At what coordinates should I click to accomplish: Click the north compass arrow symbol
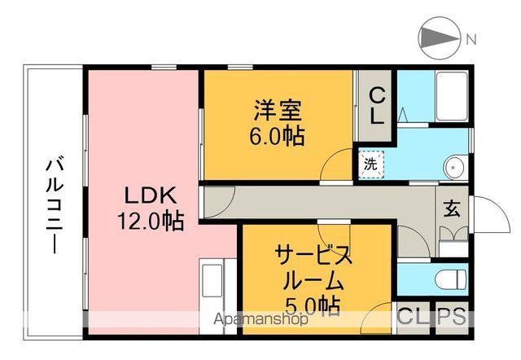[x=437, y=37]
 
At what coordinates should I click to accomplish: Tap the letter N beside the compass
[x=471, y=37]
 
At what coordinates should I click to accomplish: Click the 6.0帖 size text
[x=276, y=136]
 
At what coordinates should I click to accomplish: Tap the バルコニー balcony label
[x=54, y=204]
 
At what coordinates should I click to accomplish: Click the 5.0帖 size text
[x=312, y=308]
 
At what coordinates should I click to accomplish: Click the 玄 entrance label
[x=451, y=208]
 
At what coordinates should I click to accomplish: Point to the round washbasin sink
[x=453, y=168]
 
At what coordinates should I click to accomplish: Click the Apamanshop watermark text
[x=260, y=319]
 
